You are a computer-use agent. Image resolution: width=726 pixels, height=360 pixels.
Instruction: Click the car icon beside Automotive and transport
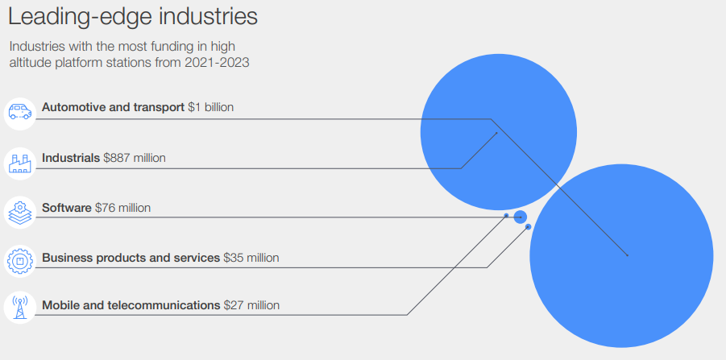(19, 111)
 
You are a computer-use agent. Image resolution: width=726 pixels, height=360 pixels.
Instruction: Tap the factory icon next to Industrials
(19, 161)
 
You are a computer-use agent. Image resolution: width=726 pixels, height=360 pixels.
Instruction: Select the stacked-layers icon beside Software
(19, 211)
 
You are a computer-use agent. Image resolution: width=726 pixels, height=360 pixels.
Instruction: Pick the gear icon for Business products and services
(19, 260)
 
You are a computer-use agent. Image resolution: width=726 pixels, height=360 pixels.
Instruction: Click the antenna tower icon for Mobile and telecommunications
(19, 308)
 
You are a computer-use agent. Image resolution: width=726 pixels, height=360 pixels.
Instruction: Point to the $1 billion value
(210, 107)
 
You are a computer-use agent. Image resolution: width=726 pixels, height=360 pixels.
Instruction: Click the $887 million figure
(135, 158)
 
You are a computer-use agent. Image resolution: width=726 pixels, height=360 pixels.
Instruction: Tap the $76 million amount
(122, 208)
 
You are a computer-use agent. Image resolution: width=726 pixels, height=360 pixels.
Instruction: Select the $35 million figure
(251, 258)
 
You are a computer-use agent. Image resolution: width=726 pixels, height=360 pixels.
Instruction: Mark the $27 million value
(252, 305)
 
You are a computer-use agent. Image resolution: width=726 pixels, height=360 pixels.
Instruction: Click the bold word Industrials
(71, 158)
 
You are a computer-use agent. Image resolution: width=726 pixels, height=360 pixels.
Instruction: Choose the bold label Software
(67, 208)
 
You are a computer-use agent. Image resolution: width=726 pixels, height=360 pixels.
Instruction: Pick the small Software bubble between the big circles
(520, 216)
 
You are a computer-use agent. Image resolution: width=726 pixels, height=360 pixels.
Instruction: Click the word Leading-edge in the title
(77, 16)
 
